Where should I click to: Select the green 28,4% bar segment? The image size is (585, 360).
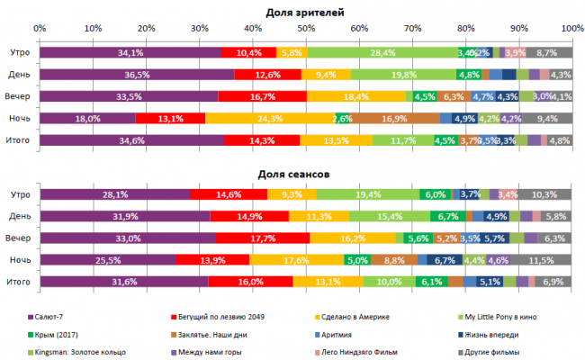click(382, 53)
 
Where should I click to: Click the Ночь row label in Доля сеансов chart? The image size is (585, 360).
click(20, 260)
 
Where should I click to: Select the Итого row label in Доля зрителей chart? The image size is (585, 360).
click(19, 139)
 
